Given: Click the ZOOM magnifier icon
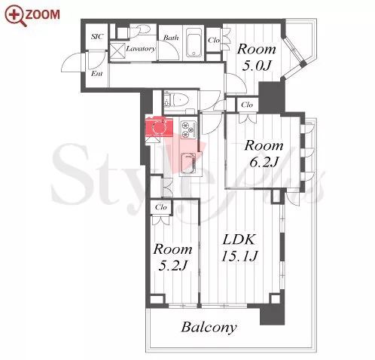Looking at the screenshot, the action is coord(15,16).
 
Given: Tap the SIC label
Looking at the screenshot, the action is coord(97,37).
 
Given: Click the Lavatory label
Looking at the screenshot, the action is coord(141,48).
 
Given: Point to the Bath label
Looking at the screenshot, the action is coord(171,38).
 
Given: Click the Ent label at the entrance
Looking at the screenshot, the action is coord(96,74).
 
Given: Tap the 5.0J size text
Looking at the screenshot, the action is coord(256,66).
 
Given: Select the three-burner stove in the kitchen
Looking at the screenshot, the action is coord(188,130).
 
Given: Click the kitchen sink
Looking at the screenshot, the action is coord(188,163).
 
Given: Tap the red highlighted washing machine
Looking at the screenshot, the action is coord(159,127).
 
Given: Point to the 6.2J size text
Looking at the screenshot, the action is coord(264,162).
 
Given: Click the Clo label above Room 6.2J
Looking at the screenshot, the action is coord(247,105).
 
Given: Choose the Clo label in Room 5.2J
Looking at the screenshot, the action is coord(161,207).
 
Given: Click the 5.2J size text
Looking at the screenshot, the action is coord(173,266).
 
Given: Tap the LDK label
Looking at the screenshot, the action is coord(239,239).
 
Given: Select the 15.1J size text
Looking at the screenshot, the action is coord(239,257).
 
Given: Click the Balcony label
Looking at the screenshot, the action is coord(209,328).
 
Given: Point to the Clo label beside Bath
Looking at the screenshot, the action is coord(214,40).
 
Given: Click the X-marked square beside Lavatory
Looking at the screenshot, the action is coord(117,50).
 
